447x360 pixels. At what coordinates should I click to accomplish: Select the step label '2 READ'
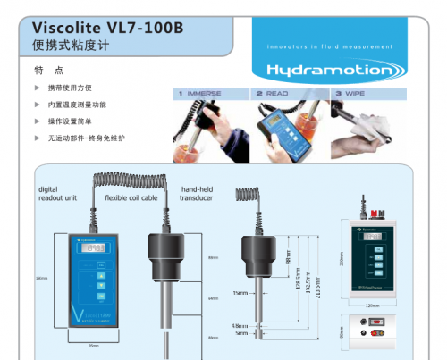(x=272, y=93)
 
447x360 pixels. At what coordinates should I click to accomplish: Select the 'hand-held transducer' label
(x=197, y=194)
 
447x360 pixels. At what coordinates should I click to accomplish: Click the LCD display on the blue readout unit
(x=92, y=248)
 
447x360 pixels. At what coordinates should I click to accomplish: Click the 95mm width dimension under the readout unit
(x=92, y=346)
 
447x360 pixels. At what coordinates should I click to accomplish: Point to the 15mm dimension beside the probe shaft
(x=240, y=292)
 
